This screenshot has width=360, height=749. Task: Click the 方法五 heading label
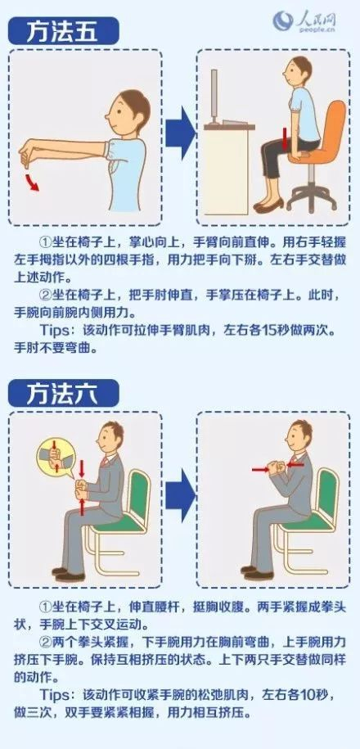[x=63, y=32]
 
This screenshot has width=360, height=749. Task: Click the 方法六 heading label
[x=63, y=393]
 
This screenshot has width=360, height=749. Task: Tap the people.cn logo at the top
[x=304, y=21]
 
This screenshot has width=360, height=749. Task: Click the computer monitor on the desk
[x=214, y=97]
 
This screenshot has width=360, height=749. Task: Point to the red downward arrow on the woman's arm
[x=285, y=138]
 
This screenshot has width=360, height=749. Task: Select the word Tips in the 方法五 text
[x=56, y=331]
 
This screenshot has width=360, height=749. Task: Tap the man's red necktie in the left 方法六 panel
[x=105, y=462]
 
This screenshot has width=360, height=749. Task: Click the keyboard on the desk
[x=233, y=122]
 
